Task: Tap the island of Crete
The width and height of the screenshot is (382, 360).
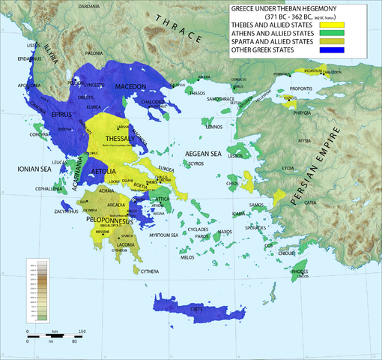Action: (194, 308)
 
